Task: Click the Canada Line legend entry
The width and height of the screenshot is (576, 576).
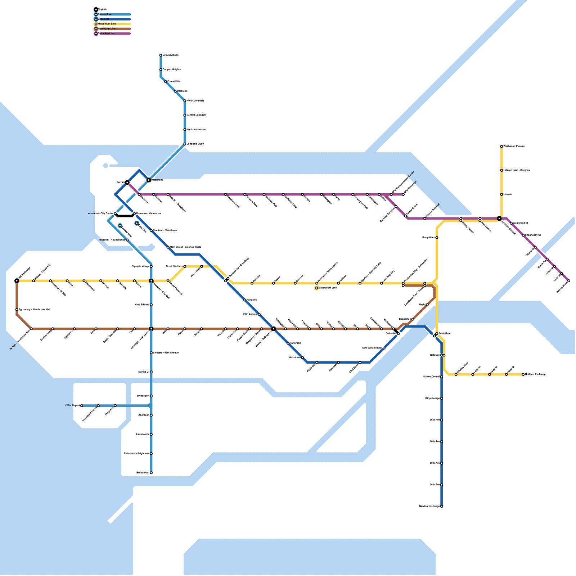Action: (105, 14)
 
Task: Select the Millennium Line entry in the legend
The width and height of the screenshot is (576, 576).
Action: (107, 24)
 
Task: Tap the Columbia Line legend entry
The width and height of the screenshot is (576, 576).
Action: (107, 33)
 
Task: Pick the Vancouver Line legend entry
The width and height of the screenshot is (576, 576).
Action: (107, 29)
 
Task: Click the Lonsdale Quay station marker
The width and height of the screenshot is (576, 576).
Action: (185, 144)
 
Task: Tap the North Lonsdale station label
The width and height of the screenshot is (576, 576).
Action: (195, 101)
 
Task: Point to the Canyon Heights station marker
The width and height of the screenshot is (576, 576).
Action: (161, 69)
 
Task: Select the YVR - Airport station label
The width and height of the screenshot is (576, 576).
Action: (72, 406)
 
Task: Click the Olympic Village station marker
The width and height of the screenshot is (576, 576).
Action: (151, 266)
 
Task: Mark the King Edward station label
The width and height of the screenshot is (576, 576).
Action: (142, 305)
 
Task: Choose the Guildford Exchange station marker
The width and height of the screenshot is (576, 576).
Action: (523, 374)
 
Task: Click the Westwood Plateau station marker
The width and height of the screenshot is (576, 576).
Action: (501, 147)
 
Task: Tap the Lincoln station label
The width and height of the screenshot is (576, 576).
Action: (508, 194)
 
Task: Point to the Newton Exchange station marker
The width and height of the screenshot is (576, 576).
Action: (442, 507)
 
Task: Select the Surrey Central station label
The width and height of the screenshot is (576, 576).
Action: (431, 377)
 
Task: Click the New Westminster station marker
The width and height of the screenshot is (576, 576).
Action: (384, 348)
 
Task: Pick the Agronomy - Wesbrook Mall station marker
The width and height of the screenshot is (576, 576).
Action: (17, 310)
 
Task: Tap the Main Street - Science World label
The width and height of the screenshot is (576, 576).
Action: (185, 247)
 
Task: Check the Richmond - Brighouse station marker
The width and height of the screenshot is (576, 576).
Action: (151, 454)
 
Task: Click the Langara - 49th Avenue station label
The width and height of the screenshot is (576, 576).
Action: (166, 353)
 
